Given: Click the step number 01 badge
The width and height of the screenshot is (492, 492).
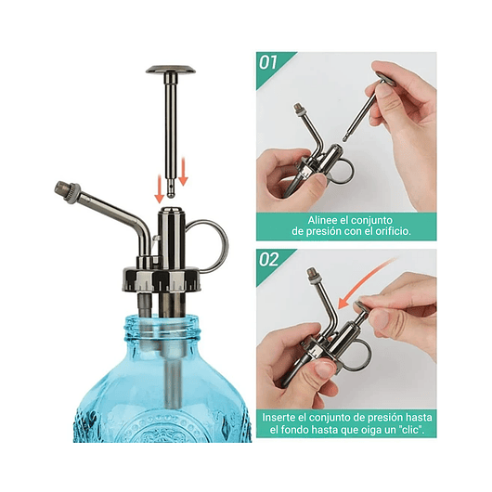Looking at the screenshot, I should (270, 64).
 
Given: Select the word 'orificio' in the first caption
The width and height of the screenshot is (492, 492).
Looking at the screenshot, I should (383, 232).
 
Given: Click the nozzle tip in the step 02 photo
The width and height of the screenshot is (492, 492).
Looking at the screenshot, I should (313, 275).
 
